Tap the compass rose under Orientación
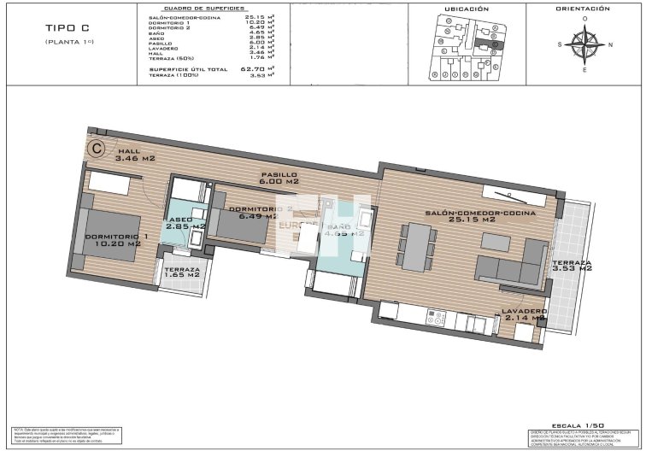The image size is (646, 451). (x=584, y=45)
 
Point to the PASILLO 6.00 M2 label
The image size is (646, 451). (x=279, y=178)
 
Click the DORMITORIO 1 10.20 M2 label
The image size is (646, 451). (x=116, y=240)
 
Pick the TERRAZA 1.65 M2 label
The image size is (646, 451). (x=181, y=272)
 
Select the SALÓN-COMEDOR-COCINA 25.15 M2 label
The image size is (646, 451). (x=480, y=215)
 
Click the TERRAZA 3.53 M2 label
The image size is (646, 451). (x=572, y=266)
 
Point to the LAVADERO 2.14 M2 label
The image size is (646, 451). (x=523, y=314)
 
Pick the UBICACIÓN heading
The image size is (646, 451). (x=467, y=9)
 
